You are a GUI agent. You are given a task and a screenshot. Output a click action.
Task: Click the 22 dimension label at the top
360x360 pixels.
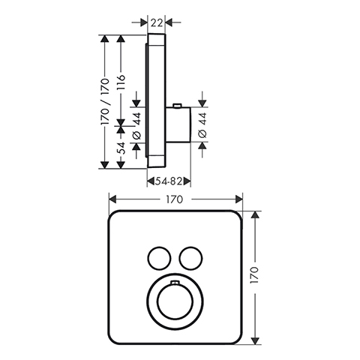coord(157,22)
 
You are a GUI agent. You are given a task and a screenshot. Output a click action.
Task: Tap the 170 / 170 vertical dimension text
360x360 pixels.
coord(105,102)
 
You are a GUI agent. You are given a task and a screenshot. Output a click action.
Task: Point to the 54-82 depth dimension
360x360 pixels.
coord(169,181)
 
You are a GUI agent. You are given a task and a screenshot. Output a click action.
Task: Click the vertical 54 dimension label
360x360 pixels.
coord(121,148)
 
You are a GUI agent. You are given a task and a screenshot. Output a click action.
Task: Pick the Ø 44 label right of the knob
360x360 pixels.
coord(202,125)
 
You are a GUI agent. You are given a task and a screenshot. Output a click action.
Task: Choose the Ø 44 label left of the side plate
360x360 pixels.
coord(136,126)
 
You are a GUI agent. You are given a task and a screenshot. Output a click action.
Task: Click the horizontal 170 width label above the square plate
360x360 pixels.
coord(175,199)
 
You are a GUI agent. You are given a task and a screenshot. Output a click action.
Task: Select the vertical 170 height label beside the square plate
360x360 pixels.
coord(254,275)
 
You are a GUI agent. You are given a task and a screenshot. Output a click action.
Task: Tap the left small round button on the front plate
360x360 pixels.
coord(159,259)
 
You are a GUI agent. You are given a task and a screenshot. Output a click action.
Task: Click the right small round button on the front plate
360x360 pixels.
coord(190,259)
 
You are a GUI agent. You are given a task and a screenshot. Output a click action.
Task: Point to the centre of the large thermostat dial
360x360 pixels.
coord(175,301)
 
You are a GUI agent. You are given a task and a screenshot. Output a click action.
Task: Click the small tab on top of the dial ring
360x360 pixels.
coord(175,283)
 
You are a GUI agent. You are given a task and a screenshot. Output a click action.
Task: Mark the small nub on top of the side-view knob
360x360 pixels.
coord(177,106)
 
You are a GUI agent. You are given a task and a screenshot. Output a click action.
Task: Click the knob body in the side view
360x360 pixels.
coord(178,125)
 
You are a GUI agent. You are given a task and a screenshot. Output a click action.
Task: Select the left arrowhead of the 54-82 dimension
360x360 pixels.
coord(151,181)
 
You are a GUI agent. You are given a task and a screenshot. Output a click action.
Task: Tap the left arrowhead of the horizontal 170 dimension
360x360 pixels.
coord(113,199)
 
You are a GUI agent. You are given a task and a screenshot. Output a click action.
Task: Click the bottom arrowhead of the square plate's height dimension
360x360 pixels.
coord(255,340)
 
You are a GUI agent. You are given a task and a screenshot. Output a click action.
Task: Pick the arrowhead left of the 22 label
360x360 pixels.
coord(144,22)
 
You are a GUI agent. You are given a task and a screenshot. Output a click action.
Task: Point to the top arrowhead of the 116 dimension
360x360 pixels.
coord(121,39)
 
